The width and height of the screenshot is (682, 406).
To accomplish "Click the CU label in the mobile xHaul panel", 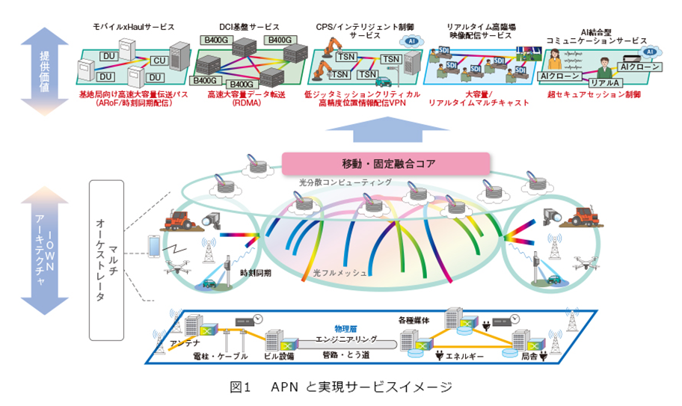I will (160, 60).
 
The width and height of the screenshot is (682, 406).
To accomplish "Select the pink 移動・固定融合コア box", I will (385, 162).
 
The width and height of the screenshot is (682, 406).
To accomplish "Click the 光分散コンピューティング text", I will (340, 182).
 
